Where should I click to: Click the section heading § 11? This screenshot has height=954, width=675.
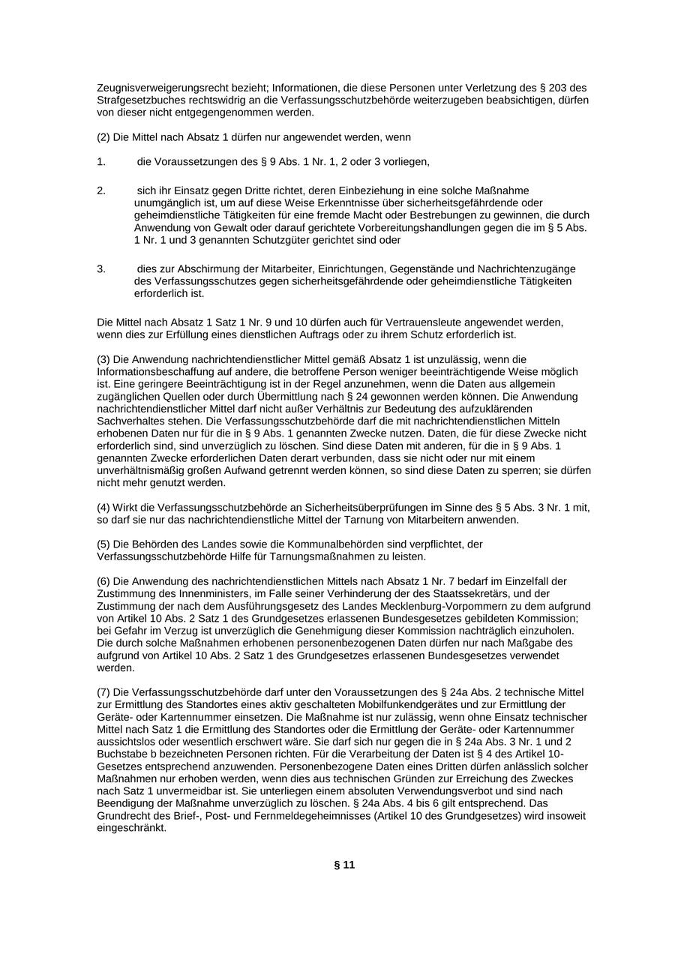344,865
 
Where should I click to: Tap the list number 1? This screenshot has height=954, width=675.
100,162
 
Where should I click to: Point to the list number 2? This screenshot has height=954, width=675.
100,191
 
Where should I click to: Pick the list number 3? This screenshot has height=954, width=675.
100,269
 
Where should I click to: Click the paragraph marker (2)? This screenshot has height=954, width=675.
103,137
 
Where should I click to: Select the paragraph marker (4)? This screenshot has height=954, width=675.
103,508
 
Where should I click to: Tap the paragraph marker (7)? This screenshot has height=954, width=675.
103,692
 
